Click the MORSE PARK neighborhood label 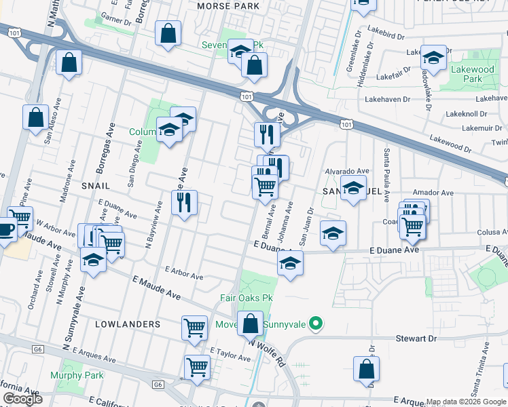(x=228, y=6)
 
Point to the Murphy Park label (x=76, y=375)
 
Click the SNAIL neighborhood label (x=96, y=185)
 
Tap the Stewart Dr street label (x=416, y=338)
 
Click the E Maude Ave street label (x=157, y=288)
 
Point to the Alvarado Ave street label (x=346, y=171)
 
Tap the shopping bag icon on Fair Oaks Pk (x=251, y=324)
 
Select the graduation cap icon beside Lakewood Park (x=433, y=57)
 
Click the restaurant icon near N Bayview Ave (x=184, y=202)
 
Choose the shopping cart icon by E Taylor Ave (x=197, y=367)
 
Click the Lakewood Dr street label (x=450, y=142)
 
